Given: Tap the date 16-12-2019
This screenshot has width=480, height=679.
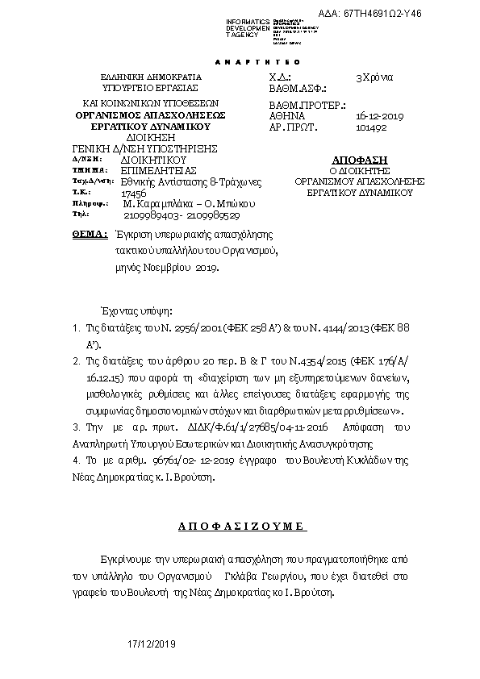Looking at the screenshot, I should click(374, 115).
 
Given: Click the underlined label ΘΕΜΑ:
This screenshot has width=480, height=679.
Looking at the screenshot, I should click(90, 234).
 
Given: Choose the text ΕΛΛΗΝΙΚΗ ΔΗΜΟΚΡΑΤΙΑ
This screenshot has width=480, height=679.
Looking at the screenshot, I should click(139, 77).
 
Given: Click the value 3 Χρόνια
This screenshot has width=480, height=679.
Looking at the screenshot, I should click(374, 77).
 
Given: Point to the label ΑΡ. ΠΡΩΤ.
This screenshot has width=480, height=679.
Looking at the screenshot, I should click(293, 127).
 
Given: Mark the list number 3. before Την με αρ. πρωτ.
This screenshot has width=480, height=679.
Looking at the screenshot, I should click(75, 427).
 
